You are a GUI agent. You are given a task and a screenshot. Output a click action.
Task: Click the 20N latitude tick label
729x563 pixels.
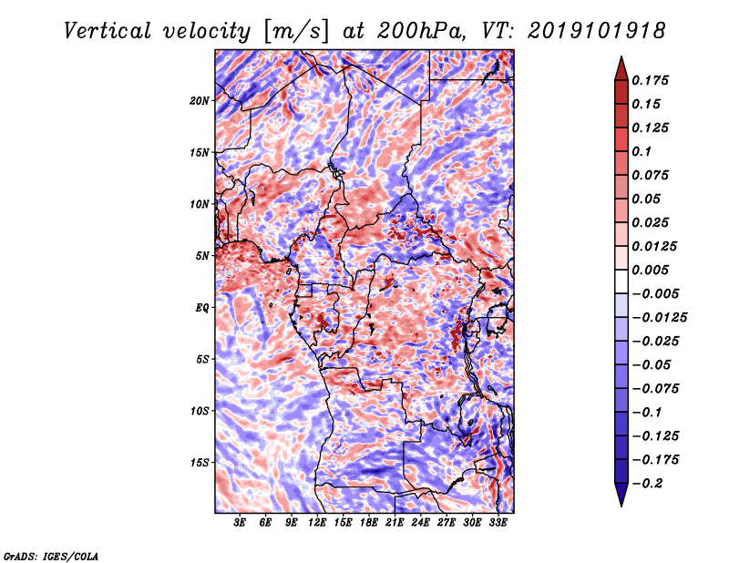point(200,100)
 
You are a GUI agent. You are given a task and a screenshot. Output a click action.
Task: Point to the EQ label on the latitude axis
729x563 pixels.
point(201,307)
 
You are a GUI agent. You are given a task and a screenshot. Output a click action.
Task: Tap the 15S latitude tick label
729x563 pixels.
point(200,463)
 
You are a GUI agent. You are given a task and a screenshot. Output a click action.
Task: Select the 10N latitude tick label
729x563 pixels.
point(200,204)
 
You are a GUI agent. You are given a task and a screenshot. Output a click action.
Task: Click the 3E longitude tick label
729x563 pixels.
point(240,523)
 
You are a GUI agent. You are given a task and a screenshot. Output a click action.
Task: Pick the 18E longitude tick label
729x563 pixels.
point(369,523)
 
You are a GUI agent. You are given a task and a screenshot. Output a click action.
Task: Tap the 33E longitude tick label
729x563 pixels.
point(498,523)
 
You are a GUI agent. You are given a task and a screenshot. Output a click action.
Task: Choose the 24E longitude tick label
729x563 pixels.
point(420,523)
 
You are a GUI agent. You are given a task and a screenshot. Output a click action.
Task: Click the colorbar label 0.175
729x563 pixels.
point(650,80)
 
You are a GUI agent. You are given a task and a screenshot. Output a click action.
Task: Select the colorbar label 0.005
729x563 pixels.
point(650,270)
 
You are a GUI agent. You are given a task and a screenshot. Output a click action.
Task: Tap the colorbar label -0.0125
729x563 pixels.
point(659,318)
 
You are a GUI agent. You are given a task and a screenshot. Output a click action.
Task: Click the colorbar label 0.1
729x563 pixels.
point(642,151)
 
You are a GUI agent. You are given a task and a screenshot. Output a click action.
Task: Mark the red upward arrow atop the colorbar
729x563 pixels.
point(621,68)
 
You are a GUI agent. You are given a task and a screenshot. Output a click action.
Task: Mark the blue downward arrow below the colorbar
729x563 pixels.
point(621,495)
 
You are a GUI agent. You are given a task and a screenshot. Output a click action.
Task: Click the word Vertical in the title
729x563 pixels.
point(108,31)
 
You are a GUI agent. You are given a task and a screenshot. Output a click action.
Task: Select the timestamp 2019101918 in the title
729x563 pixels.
point(597,31)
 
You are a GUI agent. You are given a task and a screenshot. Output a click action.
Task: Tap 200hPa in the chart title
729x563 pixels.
point(421,31)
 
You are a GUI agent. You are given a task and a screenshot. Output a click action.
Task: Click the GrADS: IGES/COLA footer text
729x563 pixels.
point(51,556)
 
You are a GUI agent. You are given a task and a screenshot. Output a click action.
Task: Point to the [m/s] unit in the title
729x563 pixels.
point(296,32)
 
